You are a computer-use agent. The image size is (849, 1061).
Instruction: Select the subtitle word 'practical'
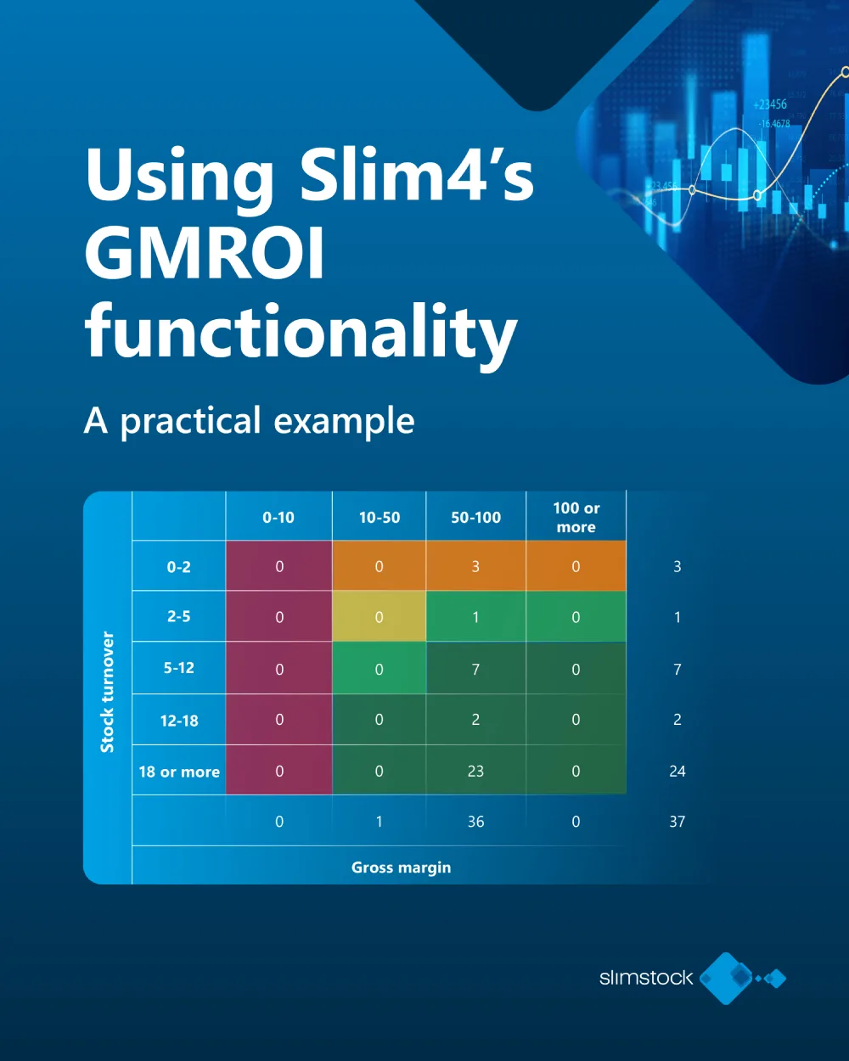click(190, 421)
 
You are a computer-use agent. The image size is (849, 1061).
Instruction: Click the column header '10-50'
click(379, 517)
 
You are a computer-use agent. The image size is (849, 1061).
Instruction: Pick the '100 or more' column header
click(576, 517)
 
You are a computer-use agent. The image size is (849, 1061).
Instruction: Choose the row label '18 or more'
click(179, 772)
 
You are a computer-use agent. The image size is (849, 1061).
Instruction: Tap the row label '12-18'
click(179, 721)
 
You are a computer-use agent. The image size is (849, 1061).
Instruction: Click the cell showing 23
click(475, 771)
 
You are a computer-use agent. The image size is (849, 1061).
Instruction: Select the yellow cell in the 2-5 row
click(379, 617)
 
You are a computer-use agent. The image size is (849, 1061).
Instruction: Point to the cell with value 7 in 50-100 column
click(475, 669)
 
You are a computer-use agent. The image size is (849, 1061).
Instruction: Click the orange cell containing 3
click(475, 566)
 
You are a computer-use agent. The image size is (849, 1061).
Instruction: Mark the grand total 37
click(677, 822)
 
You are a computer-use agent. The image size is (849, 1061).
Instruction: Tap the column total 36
click(475, 822)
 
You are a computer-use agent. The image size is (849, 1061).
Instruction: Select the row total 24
click(677, 771)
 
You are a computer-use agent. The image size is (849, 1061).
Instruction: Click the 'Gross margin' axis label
click(401, 867)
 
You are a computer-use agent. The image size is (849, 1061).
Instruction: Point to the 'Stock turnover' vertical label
click(107, 692)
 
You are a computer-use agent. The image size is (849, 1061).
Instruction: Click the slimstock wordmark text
click(646, 978)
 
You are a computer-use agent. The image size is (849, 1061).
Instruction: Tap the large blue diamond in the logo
click(726, 978)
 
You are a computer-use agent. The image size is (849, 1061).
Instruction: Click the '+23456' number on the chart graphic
click(769, 104)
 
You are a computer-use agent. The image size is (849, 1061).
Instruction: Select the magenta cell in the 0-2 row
click(278, 566)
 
